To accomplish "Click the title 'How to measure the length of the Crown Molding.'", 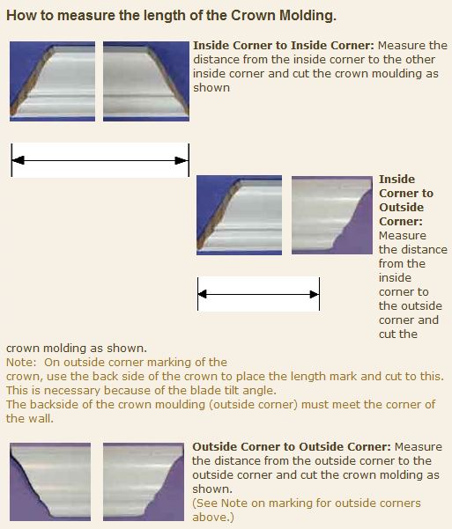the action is [171, 16].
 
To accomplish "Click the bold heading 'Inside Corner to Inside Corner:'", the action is [284, 45].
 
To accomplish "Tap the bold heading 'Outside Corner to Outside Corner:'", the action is [292, 446].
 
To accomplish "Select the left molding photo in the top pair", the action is [52, 81].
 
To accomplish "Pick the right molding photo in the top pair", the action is [146, 81].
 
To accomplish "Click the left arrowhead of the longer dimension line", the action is [19, 160].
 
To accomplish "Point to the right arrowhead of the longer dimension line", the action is [182, 160].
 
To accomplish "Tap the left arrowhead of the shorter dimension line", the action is [203, 294].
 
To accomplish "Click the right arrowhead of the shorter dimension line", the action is [315, 294].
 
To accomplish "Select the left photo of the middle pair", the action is [239, 215].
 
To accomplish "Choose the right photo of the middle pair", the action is [332, 215].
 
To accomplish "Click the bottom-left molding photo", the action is [50, 481].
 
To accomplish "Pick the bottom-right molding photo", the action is [144, 481].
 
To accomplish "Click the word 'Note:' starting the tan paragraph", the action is [21, 363].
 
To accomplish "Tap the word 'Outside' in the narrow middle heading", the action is [401, 207].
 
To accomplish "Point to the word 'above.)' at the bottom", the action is [213, 518].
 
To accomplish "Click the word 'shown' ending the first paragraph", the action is [211, 88].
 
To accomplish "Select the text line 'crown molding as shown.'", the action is [77, 349].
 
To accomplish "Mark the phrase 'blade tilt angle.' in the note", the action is [233, 390].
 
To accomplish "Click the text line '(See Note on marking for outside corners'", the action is [307, 503].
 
